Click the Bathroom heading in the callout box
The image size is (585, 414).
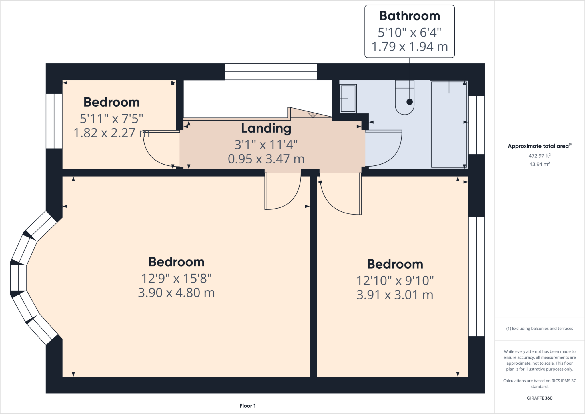coord(409,16)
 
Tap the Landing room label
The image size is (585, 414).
coord(266,128)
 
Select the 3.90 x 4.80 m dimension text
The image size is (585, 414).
coord(176,293)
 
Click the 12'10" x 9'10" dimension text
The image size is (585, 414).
coord(395,281)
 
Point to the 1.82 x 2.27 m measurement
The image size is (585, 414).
coord(111,133)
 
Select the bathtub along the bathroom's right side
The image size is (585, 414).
coord(448,124)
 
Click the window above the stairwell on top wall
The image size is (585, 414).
coord(271,72)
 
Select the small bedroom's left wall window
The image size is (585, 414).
coord(54,121)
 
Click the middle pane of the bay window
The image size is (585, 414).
coord(18,278)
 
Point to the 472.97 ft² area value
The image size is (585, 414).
coord(539,156)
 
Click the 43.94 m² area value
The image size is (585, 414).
coord(539,164)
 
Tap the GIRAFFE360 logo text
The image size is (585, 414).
coord(539,398)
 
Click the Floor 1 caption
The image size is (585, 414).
coord(247,406)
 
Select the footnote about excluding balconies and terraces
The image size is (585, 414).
coord(539,329)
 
